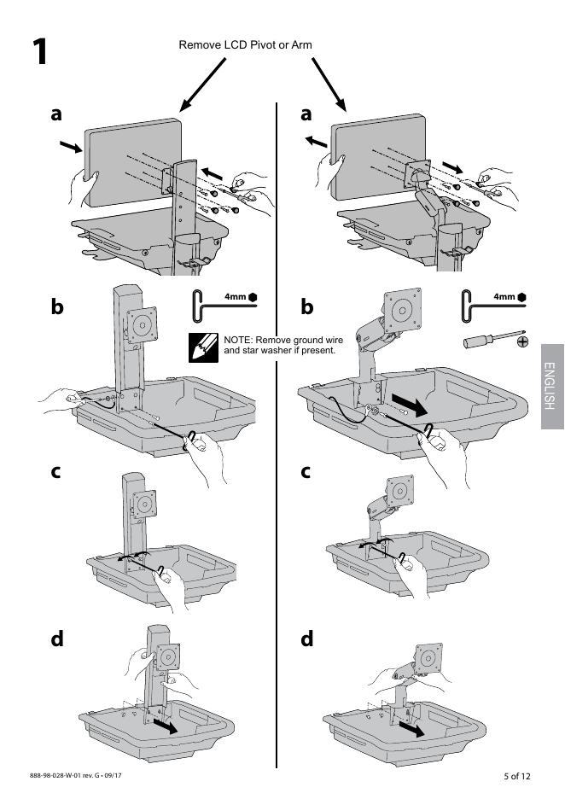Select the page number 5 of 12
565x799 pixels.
[x=516, y=776]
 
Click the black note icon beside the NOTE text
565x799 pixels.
[x=202, y=347]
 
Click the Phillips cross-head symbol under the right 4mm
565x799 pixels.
[x=522, y=341]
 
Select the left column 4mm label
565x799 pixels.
[x=235, y=297]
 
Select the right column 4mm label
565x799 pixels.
[x=504, y=297]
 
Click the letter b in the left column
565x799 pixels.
[x=57, y=306]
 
